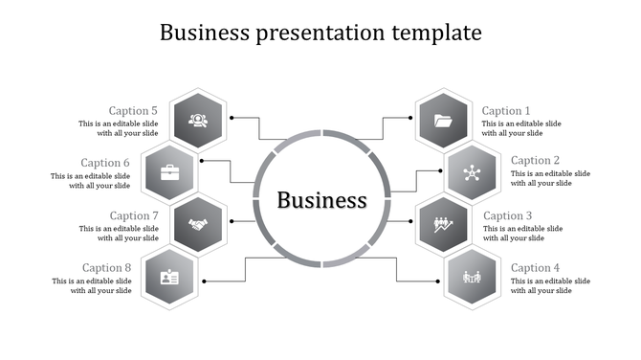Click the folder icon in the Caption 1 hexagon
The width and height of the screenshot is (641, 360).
point(442,121)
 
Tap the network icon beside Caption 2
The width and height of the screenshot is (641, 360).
point(471,173)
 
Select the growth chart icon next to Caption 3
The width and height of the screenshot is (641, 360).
point(442,225)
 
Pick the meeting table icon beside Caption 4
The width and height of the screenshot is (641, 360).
point(471,278)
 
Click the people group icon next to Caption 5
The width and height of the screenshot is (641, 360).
point(199,121)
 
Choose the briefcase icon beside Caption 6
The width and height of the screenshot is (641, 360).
point(170,173)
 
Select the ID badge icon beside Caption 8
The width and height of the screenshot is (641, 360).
point(170,278)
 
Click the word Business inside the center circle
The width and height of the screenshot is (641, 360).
point(321,200)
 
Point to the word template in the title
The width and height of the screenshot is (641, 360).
point(436,34)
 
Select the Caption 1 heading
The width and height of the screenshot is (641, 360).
point(506,111)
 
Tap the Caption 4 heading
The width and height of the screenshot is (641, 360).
point(535,268)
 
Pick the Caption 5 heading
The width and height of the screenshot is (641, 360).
point(134,111)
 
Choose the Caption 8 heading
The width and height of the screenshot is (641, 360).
point(107,268)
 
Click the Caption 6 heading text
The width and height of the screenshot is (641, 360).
point(105,163)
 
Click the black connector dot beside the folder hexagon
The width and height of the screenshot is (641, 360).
point(410,118)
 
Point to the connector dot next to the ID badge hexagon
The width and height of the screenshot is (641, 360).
point(204,281)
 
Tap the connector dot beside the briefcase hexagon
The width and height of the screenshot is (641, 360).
point(201,160)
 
